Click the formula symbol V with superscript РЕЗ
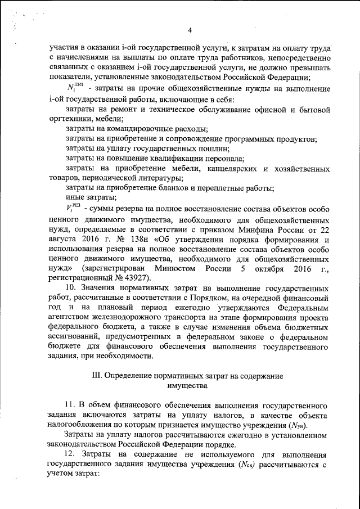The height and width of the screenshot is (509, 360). pyautogui.click(x=74, y=208)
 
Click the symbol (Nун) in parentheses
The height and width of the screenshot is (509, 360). pyautogui.click(x=297, y=425)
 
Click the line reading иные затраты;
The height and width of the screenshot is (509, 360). pyautogui.click(x=91, y=197)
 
